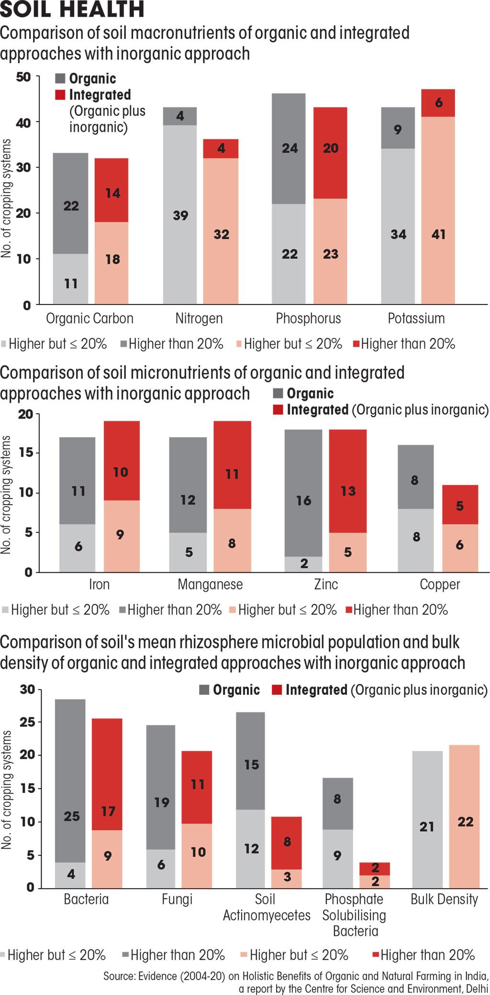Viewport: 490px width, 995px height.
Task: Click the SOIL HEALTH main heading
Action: (x=72, y=10)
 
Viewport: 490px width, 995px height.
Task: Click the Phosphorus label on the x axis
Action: (x=308, y=318)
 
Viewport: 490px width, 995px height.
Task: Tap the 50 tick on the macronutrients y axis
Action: (x=23, y=77)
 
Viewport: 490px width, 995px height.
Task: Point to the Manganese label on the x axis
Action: (x=210, y=584)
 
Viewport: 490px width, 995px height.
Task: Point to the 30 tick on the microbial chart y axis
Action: (x=27, y=690)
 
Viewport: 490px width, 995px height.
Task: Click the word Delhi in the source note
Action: (x=476, y=989)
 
